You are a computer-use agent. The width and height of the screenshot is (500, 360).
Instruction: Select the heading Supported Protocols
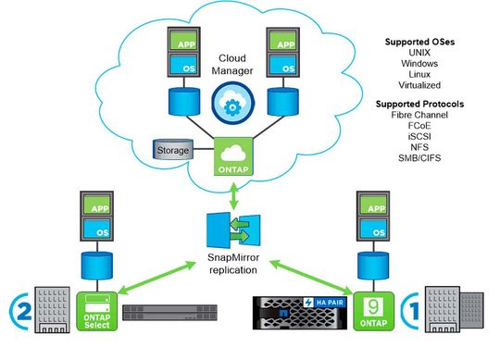(422, 104)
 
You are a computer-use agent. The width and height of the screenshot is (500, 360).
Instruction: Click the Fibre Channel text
(422, 116)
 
